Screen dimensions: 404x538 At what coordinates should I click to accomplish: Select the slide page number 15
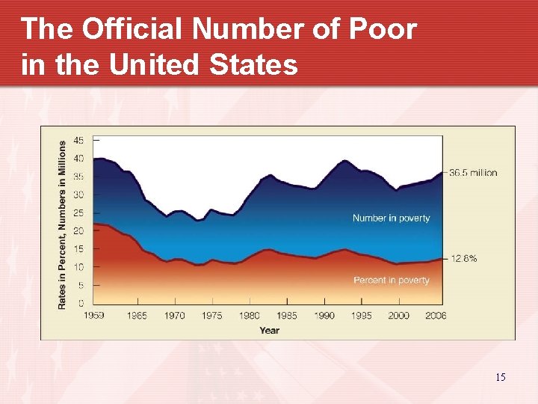pos(500,377)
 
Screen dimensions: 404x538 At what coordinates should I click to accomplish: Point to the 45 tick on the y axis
pos(78,140)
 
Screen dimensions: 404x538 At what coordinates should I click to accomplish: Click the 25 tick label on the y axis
pos(78,212)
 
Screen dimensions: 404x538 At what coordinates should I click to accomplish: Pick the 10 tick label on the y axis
pos(78,267)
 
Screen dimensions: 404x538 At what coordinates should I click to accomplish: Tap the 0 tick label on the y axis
pos(81,303)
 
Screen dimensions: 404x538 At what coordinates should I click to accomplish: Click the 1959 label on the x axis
pos(93,316)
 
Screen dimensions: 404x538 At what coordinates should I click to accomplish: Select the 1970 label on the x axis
pos(175,316)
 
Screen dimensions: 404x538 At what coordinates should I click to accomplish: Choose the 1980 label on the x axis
pos(250,316)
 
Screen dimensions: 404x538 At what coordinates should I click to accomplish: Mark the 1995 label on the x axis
pos(362,316)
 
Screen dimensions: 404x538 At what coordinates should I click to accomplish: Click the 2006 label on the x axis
pos(436,316)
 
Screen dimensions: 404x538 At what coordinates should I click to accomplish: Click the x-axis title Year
pos(270,330)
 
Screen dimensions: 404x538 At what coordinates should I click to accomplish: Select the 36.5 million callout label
pos(473,173)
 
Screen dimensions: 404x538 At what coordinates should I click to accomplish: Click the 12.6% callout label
pos(463,259)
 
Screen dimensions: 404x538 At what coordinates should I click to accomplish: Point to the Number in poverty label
pos(391,218)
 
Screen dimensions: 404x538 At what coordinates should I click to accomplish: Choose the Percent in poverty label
pos(391,281)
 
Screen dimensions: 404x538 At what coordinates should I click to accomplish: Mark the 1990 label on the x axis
pos(324,316)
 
